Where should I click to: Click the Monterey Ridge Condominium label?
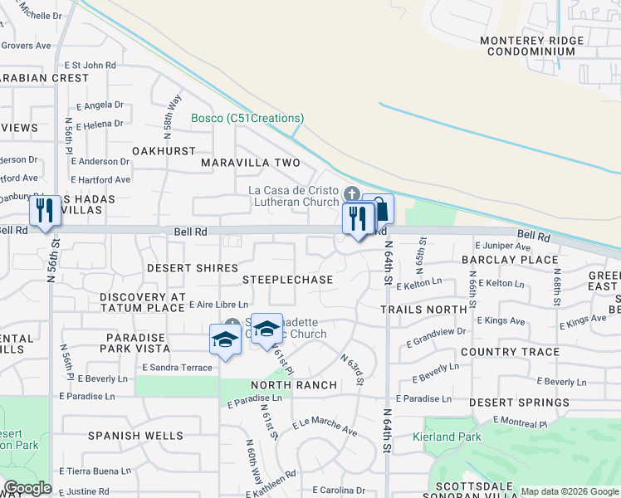pyautogui.click(x=531, y=45)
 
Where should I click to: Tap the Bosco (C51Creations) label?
pyautogui.click(x=247, y=119)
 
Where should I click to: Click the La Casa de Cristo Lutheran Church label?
pyautogui.click(x=294, y=196)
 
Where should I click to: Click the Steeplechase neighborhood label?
pyautogui.click(x=287, y=280)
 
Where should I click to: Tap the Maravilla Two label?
pyautogui.click(x=250, y=163)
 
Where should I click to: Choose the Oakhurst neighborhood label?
pyautogui.click(x=164, y=151)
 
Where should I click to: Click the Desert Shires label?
pyautogui.click(x=192, y=268)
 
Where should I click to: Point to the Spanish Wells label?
pyautogui.click(x=135, y=435)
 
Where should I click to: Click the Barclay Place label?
pyautogui.click(x=510, y=260)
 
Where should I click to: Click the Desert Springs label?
pyautogui.click(x=519, y=402)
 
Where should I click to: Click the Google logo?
pyautogui.click(x=27, y=488)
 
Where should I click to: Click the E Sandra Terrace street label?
pyautogui.click(x=177, y=366)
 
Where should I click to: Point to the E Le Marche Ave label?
pyautogui.click(x=324, y=427)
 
